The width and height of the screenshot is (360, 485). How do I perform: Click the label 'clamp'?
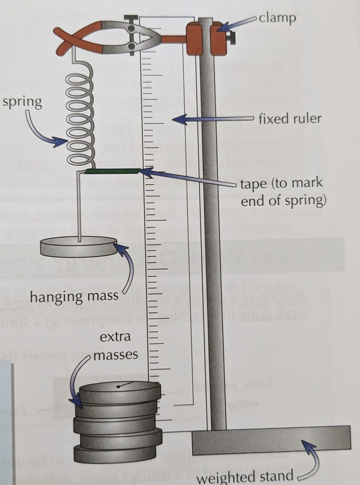point(277,18)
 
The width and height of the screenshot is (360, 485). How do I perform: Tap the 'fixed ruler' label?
point(290,119)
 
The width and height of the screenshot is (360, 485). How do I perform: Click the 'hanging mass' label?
point(74,297)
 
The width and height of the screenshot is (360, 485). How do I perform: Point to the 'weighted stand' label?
point(245,476)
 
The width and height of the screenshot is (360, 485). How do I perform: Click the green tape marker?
point(112,171)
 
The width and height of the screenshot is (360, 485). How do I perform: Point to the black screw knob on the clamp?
point(232,38)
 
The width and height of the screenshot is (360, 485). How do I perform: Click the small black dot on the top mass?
point(118,387)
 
